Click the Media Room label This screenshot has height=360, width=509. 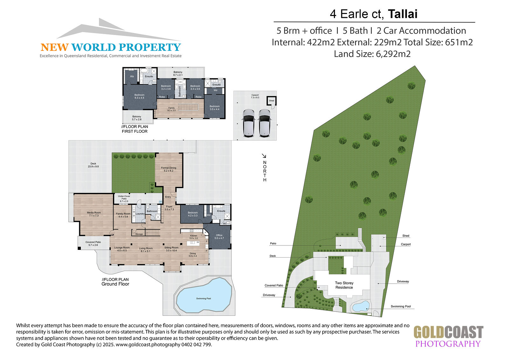coord(94,214)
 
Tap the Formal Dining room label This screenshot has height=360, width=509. coord(169,169)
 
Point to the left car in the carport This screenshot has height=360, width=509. coord(248,123)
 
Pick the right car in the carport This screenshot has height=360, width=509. coord(265,123)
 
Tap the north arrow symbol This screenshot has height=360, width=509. coord(264,156)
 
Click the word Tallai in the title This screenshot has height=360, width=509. coord(402,14)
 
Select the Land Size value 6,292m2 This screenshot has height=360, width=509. coord(393,54)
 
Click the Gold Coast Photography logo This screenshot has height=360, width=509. coord(448,336)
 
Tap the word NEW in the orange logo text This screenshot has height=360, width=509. coord(54,47)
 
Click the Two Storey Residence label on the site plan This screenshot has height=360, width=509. coord(344,285)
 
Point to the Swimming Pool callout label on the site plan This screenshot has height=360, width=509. coord(401,306)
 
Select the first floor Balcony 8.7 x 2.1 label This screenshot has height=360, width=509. coord(178,74)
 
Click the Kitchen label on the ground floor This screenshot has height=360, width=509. coord(194,237)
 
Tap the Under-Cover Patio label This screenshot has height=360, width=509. coord(124,199)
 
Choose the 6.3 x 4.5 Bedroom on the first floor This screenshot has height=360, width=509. coord(139,96)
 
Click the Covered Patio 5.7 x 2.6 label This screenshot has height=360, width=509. coord(93,244)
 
